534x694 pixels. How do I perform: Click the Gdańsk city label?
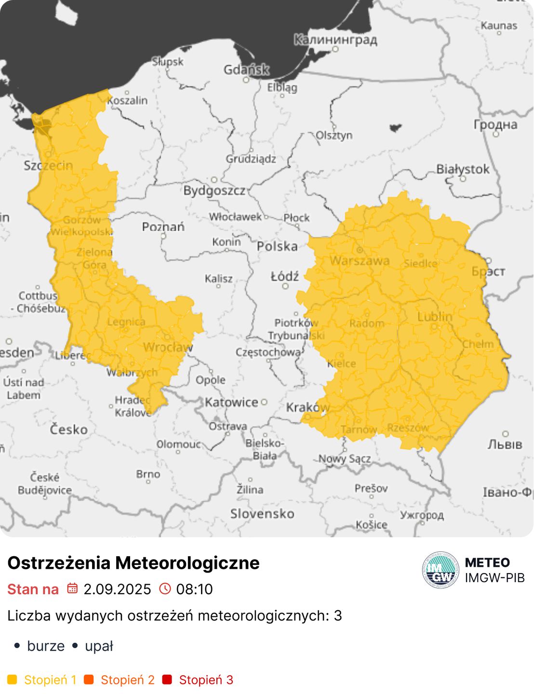246,70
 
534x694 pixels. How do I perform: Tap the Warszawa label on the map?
360,261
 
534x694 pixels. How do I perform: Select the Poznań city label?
163,227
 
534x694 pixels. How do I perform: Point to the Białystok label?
463,169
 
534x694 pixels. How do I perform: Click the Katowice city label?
231,402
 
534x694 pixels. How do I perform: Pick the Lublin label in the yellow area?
435,317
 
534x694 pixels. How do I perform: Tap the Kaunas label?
499,26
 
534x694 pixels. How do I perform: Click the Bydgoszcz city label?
214,190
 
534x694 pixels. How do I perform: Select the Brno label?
148,474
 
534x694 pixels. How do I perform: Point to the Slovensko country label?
262,514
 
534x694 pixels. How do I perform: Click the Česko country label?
69,429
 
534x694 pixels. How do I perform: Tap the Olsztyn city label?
334,135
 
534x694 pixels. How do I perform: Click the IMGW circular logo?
441,570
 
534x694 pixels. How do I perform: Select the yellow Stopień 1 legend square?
12,680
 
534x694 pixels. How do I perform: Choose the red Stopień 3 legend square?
167,680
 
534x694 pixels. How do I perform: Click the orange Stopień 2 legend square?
89,680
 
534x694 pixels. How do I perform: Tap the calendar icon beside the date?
72,588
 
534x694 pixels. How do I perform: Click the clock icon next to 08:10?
165,588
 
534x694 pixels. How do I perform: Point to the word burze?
46,646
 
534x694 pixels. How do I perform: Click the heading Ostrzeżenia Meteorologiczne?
133,563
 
